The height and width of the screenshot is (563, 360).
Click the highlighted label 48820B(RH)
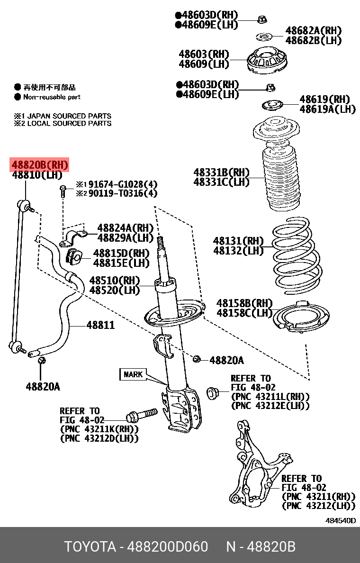click(x=40, y=165)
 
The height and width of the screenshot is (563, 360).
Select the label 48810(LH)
click(x=37, y=175)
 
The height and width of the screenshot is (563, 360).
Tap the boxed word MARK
click(x=133, y=374)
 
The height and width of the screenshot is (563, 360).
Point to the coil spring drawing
click(x=295, y=256)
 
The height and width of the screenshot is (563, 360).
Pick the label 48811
click(x=100, y=326)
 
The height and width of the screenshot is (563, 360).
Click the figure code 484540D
click(x=340, y=520)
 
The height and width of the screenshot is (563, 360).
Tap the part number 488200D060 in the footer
click(x=169, y=547)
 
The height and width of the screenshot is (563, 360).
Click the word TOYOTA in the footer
click(x=90, y=547)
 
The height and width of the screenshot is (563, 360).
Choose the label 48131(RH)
click(x=238, y=241)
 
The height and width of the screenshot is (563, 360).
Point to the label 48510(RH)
click(x=114, y=281)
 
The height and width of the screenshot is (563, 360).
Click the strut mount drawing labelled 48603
click(x=269, y=62)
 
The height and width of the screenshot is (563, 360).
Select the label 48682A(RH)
click(x=313, y=31)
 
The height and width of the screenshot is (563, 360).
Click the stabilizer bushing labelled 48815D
click(x=74, y=255)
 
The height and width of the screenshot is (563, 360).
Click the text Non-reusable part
click(x=52, y=97)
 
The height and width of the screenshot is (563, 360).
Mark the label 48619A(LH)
click(x=327, y=109)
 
